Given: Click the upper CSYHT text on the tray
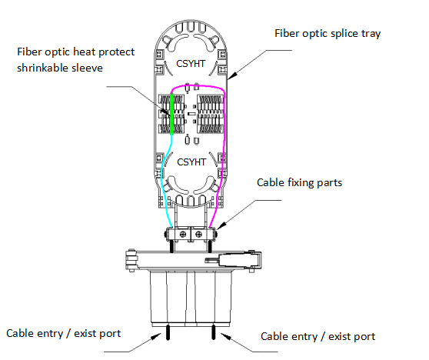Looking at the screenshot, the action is [x=191, y=64].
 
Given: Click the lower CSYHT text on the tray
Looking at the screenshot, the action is [x=191, y=162].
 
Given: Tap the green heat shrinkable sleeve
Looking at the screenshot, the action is [x=171, y=114].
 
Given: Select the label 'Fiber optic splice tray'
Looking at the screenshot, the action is [x=328, y=34].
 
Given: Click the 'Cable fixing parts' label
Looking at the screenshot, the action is [x=299, y=182].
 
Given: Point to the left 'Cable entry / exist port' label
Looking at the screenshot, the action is [x=64, y=333].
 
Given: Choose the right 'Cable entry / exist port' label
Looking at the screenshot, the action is [x=318, y=336].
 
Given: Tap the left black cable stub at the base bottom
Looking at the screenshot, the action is [x=168, y=332].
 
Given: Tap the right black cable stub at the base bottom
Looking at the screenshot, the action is [x=214, y=332].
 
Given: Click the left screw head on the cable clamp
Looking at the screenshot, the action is [x=183, y=235].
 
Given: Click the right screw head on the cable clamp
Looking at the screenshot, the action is [x=199, y=235].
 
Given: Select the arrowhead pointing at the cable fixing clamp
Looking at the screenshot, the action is [x=221, y=225].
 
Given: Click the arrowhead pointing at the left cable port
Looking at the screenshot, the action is [x=157, y=336].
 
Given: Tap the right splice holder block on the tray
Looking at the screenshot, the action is [x=211, y=114].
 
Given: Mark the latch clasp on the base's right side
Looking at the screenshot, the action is [x=240, y=258].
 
